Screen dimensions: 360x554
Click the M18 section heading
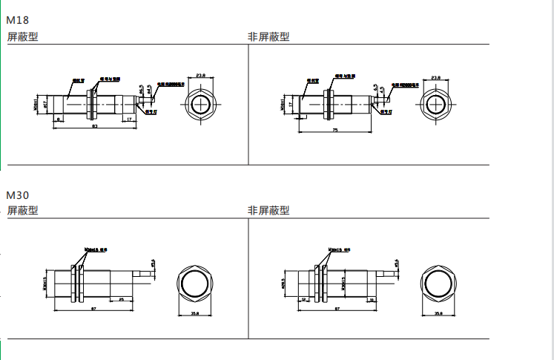(18, 20)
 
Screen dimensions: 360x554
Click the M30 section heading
(18, 194)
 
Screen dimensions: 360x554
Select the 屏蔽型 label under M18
(22, 36)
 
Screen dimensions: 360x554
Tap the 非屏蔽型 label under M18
(268, 36)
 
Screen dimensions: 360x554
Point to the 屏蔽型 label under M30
(22, 211)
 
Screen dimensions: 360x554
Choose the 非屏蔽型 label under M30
(268, 211)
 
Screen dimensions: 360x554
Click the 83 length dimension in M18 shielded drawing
(95, 127)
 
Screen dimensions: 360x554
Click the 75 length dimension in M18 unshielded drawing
(334, 130)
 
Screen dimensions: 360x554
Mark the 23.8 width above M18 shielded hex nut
(201, 75)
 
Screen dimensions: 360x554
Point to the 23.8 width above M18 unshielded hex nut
(435, 77)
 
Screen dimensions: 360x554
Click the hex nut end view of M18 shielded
(201, 104)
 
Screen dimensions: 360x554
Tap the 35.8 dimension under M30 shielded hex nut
(194, 313)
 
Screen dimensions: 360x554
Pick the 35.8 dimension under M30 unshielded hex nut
(438, 313)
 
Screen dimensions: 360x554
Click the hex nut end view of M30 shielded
(195, 284)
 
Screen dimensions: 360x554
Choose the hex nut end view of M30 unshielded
(438, 284)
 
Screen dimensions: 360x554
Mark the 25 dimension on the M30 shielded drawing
(121, 299)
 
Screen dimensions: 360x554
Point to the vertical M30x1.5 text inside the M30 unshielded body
(345, 284)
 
